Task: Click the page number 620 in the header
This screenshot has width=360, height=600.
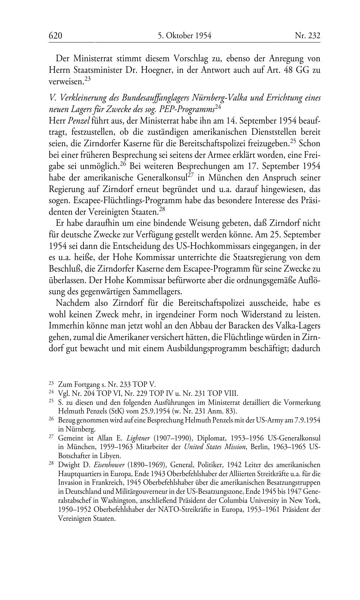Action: (56, 36)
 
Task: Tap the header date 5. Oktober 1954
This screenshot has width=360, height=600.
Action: (184, 36)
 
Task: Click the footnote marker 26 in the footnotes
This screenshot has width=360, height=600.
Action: (51, 419)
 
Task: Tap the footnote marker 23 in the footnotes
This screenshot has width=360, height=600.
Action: (51, 384)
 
